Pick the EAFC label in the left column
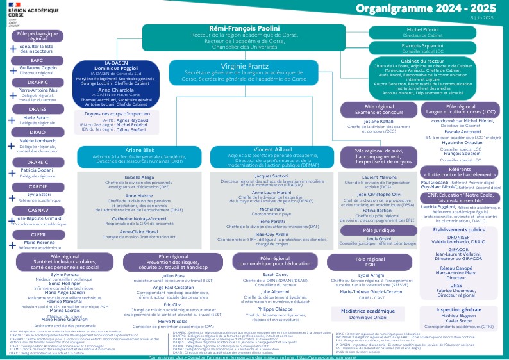(x=37, y=60)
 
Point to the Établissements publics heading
(x=458, y=229)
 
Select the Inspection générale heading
(x=458, y=309)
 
